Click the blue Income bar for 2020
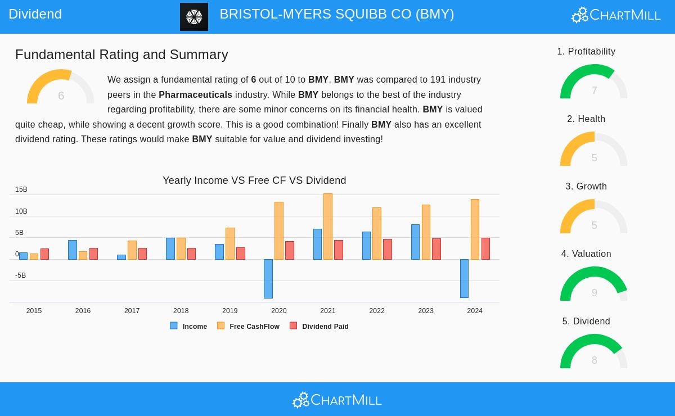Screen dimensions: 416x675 coord(268,278)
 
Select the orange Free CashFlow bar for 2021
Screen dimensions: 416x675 coord(328,227)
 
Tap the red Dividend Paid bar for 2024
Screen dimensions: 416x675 coord(485,248)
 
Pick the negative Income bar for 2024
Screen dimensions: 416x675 coord(464,278)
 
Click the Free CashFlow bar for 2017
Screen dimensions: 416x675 coord(132,250)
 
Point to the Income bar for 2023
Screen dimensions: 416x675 coord(415,242)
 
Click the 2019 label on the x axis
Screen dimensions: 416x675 coord(229,311)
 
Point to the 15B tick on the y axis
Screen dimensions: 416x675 coord(21,190)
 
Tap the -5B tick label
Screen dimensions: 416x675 coord(21,275)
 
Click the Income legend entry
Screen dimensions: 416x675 coord(189,326)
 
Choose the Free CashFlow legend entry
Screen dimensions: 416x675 coord(249,326)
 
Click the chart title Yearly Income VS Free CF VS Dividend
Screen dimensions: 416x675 coord(254,180)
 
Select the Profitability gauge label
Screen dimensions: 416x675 coord(586,52)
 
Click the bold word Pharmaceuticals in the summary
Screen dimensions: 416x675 coord(195,94)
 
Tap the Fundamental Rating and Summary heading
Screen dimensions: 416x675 coord(121,55)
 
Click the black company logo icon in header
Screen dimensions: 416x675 coord(194,17)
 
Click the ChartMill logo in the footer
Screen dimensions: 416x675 coord(337,400)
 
